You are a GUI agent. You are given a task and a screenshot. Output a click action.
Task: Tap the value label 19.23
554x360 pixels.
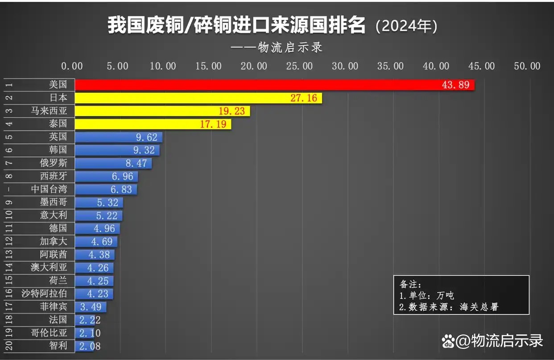pyautogui.click(x=232, y=111)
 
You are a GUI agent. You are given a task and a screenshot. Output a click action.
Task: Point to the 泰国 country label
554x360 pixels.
pyautogui.click(x=58, y=124)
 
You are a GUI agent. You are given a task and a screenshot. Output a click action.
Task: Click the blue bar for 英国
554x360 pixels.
pyautogui.click(x=119, y=137)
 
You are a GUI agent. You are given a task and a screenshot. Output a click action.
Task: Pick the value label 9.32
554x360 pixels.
pyautogui.click(x=144, y=150)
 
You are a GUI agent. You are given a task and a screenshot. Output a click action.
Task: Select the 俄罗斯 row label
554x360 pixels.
pyautogui.click(x=54, y=163)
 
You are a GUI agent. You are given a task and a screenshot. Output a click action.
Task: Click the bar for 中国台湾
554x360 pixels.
pyautogui.click(x=106, y=189)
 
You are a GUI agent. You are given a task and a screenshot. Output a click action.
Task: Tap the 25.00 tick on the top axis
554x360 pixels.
pyautogui.click(x=299, y=66)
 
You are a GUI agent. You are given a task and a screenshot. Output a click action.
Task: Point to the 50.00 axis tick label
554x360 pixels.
pyautogui.click(x=527, y=66)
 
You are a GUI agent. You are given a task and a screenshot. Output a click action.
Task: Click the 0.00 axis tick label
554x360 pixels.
pyautogui.click(x=72, y=66)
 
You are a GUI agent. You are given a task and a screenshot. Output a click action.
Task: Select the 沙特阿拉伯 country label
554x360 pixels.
pyautogui.click(x=45, y=294)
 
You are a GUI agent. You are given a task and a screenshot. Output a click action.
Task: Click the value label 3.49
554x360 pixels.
pyautogui.click(x=91, y=307)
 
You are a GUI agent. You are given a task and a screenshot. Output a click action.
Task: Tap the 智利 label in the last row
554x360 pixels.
pyautogui.click(x=58, y=346)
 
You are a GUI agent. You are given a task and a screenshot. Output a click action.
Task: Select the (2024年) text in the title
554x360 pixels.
pyautogui.click(x=406, y=26)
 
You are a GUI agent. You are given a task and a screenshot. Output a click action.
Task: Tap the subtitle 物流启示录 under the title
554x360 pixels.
pyautogui.click(x=290, y=48)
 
